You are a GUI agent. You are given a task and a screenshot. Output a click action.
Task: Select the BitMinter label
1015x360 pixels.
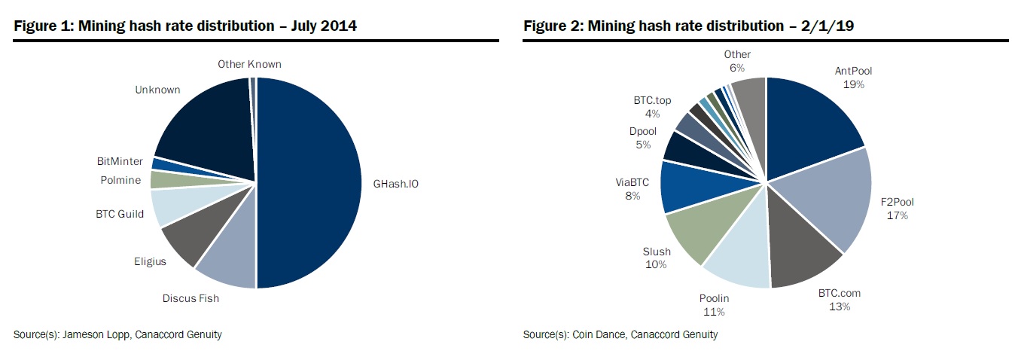click(x=120, y=161)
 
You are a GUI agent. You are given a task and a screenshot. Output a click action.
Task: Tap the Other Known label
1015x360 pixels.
click(x=249, y=64)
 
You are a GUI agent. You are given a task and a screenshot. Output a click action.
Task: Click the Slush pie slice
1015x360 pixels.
click(x=696, y=230)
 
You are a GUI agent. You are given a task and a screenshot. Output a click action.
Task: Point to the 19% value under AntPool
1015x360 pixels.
click(x=853, y=84)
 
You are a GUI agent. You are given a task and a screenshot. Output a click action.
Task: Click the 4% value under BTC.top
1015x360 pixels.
click(x=652, y=114)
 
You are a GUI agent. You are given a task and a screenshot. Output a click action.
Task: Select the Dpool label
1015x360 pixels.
click(x=643, y=131)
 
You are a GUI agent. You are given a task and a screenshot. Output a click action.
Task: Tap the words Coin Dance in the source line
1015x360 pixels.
click(x=596, y=334)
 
